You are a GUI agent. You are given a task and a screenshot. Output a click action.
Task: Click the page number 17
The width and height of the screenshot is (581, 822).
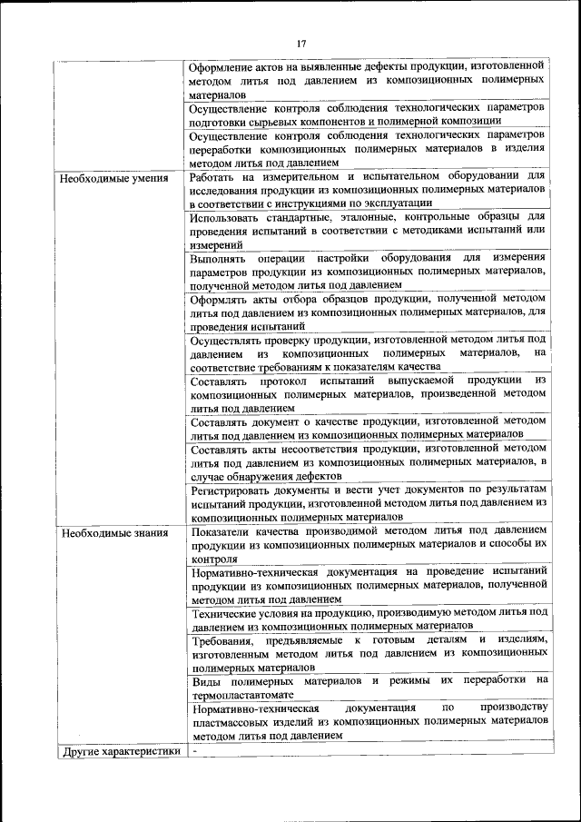coord(302,42)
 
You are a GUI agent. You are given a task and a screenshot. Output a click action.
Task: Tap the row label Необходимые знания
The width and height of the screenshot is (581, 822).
coord(114,532)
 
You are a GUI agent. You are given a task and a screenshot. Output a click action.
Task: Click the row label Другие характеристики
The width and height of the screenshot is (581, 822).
coord(119,751)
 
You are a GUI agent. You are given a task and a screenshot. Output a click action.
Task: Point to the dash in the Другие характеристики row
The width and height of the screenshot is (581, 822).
coord(194,751)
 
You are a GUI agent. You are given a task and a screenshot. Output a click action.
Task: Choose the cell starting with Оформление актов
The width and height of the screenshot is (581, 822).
coord(369,80)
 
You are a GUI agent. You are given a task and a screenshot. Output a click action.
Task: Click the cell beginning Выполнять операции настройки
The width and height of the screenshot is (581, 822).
coord(369,271)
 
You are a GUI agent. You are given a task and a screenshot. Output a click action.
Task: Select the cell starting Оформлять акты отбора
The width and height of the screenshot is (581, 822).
coord(369,312)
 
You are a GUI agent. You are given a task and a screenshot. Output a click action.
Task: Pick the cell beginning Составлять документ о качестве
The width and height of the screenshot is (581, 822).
coord(369,428)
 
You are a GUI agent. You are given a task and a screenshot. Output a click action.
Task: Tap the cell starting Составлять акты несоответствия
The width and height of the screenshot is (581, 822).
coord(369,461)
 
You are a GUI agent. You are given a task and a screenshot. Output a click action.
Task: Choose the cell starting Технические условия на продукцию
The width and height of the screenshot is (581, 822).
coord(369,619)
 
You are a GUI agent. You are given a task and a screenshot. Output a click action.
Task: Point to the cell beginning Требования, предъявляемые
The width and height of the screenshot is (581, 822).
coord(369,654)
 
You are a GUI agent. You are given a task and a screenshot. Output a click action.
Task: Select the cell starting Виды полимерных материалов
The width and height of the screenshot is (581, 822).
coord(369,686)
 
